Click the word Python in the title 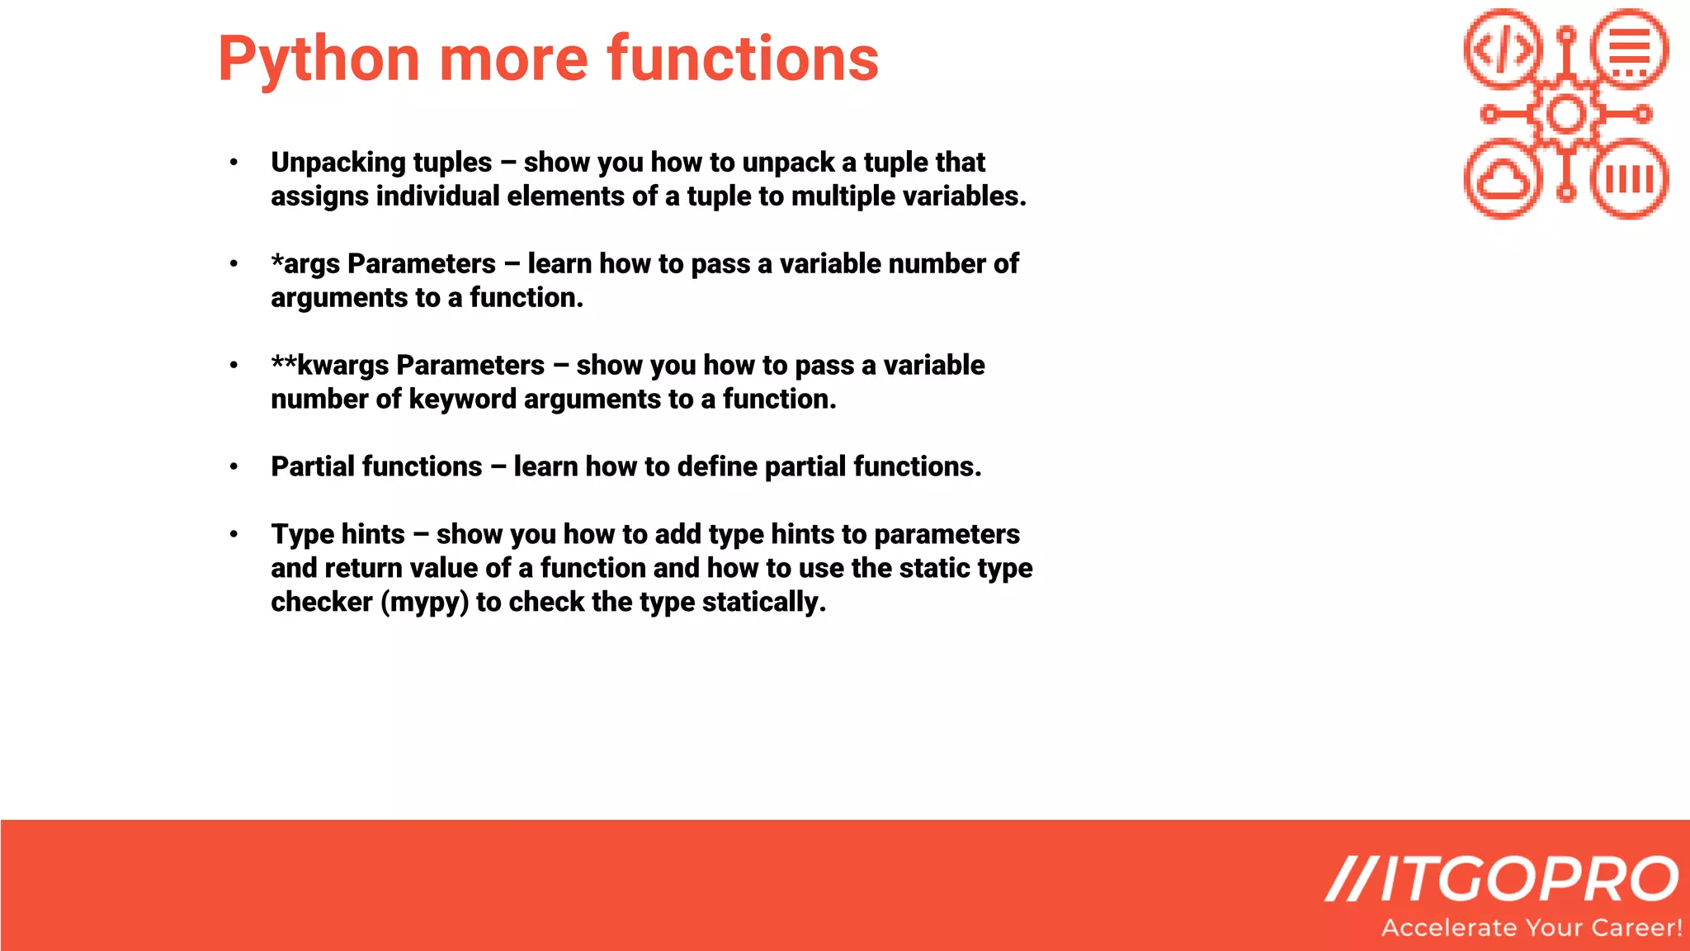click(319, 59)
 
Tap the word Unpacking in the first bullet click(338, 163)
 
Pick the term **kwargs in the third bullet click(329, 365)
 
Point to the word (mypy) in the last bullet click(424, 602)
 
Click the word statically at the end click(763, 602)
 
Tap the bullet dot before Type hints click(234, 535)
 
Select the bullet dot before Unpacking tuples click(234, 163)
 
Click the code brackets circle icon click(1504, 49)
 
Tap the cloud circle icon click(1504, 179)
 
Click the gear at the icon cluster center click(1566, 114)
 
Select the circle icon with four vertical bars click(1630, 179)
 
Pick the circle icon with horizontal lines click(1630, 49)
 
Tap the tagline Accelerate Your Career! click(1532, 928)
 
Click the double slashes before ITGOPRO click(1350, 879)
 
